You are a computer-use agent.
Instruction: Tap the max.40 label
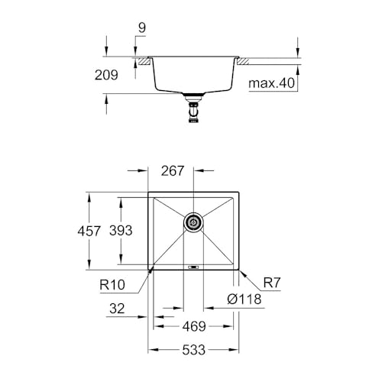pos(272,83)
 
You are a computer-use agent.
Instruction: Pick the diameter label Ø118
pos(245,300)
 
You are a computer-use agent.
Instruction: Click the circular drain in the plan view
pos(193,223)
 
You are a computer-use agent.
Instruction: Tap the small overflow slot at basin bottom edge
pos(193,267)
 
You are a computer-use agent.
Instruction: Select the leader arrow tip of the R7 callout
pos(240,270)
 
